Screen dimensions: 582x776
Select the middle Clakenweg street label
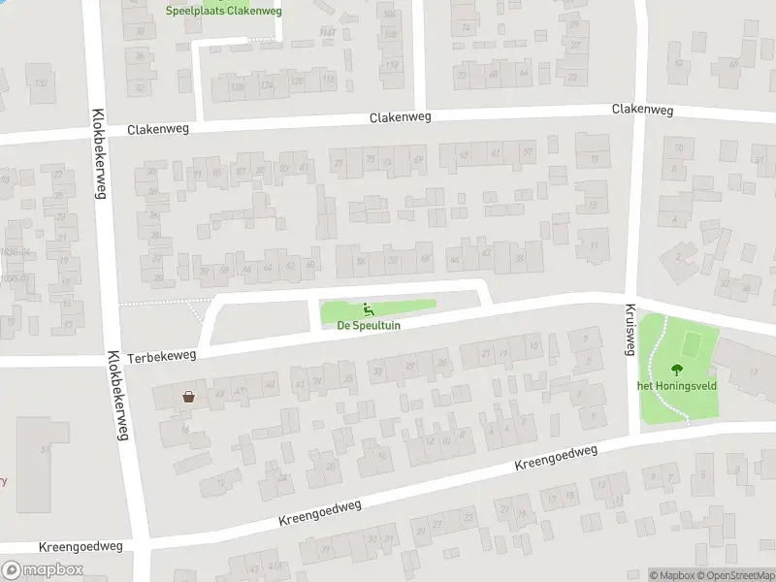400,117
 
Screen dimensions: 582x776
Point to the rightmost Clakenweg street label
642,110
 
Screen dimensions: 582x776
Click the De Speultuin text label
369,326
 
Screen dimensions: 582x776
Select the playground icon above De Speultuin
369,310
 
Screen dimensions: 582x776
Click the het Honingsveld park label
676,385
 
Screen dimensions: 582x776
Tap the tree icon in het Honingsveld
676,369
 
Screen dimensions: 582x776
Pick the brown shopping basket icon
188,396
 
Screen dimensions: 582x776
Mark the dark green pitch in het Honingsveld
692,343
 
